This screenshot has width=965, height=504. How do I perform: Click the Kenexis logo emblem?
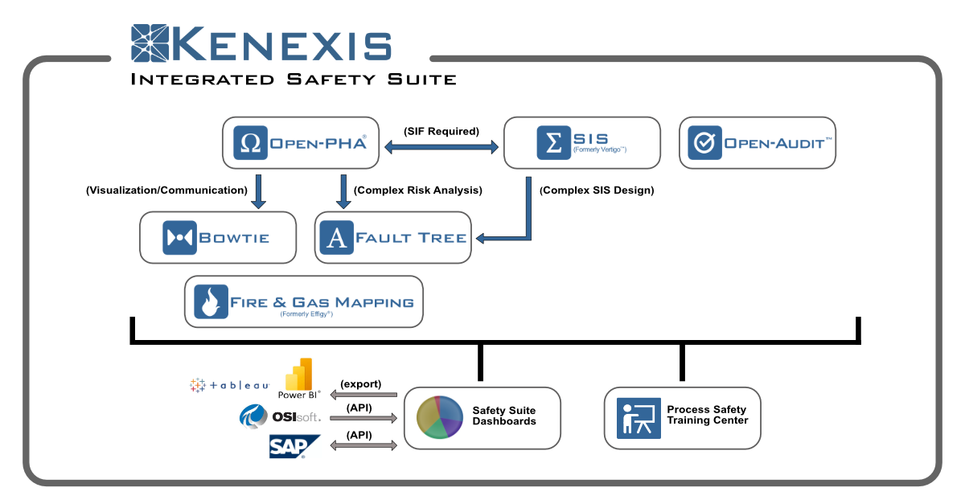point(150,43)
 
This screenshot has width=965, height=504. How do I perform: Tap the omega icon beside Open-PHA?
point(250,142)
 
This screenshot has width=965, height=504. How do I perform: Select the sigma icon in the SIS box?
point(553,142)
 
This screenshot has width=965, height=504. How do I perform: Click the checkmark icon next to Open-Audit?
point(704,142)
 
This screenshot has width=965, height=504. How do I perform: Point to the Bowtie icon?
point(179,238)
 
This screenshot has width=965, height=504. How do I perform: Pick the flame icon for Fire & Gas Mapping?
point(211,301)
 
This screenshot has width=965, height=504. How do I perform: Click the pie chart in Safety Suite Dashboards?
point(439,417)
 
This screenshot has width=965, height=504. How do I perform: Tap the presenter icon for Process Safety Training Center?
point(639,418)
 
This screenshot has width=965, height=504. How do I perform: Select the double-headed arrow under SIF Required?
point(441,147)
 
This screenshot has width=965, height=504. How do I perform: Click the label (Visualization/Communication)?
point(166,190)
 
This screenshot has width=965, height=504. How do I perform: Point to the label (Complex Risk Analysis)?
point(418,190)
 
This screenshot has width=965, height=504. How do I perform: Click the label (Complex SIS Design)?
point(597,190)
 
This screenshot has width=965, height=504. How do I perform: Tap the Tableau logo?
point(230,385)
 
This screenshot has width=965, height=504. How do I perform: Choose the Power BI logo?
point(299,379)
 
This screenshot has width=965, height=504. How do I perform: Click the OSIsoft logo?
point(280,416)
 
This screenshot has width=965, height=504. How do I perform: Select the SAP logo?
point(294,446)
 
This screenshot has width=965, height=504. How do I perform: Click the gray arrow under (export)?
point(363,395)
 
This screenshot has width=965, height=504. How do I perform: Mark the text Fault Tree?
point(411,238)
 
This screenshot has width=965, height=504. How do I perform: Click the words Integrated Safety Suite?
point(294,80)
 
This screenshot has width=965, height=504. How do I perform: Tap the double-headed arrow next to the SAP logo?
point(363,445)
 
